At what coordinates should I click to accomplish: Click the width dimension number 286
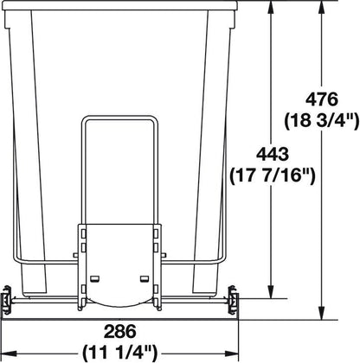click(119, 329)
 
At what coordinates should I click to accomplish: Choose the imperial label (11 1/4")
click(119, 352)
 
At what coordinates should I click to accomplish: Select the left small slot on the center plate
click(95, 277)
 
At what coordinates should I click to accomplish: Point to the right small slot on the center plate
click(144, 277)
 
